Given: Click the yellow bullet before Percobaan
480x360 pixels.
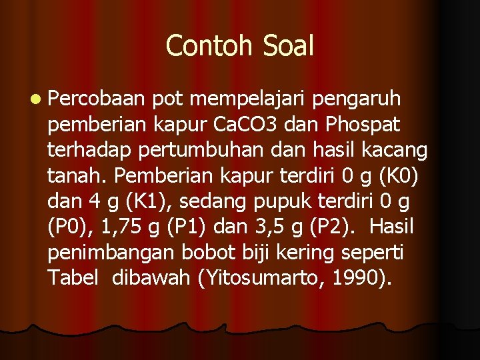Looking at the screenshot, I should (34, 100).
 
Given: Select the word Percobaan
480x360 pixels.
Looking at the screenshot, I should (96, 99).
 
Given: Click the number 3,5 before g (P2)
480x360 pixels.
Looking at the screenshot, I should (283, 227).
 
